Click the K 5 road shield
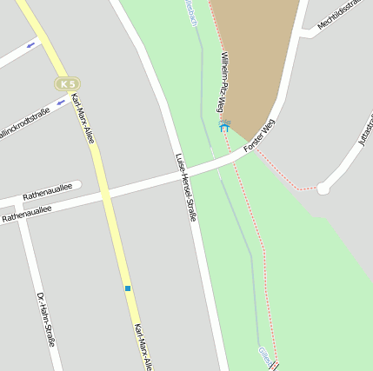click(x=67, y=83)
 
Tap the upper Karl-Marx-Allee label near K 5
click(x=83, y=118)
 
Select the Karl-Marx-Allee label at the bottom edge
click(x=143, y=347)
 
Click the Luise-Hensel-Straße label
click(x=185, y=187)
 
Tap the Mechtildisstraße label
click(x=339, y=16)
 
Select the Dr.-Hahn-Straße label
click(x=45, y=319)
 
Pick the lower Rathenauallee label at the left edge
click(x=26, y=213)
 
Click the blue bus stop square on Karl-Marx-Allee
click(x=127, y=288)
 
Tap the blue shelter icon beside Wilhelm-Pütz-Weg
click(x=224, y=127)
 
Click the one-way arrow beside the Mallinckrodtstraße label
click(x=61, y=103)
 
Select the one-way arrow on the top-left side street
click(x=32, y=44)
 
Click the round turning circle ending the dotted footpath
click(x=323, y=188)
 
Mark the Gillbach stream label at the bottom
click(x=265, y=355)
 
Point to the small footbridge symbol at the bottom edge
click(x=276, y=367)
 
